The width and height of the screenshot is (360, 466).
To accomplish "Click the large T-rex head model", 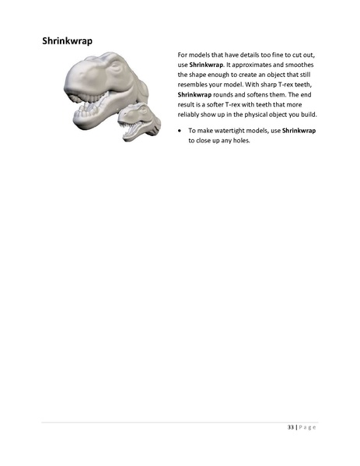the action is click(101, 89).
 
